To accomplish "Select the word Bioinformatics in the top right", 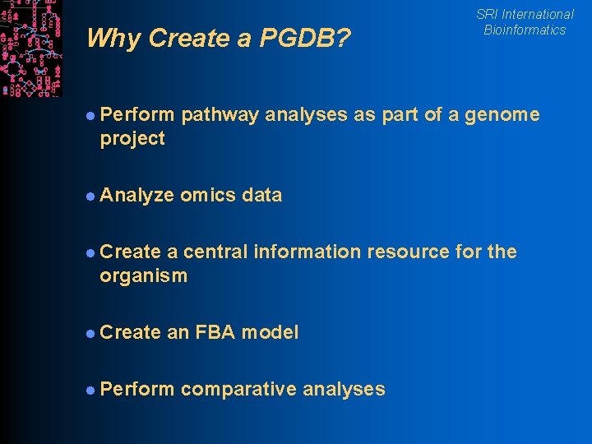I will [x=525, y=30].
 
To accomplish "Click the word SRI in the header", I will [x=487, y=14].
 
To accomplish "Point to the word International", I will [x=538, y=14].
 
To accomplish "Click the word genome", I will [x=502, y=115].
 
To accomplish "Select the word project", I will [x=132, y=138].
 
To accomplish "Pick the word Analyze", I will [x=136, y=195].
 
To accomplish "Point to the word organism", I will [x=143, y=275].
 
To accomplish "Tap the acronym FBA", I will [x=215, y=332].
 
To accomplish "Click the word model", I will [x=270, y=332].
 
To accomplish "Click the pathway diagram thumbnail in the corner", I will [x=30, y=48].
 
